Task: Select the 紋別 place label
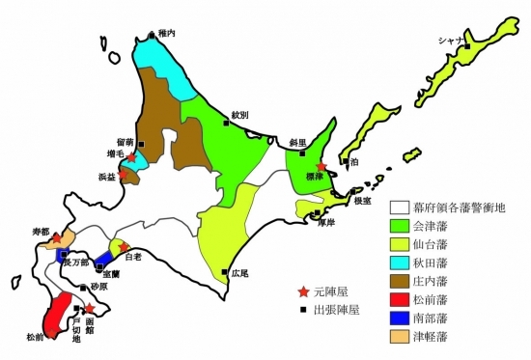pyautogui.click(x=239, y=115)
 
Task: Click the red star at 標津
pyautogui.click(x=321, y=167)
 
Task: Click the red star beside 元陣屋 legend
pyautogui.click(x=304, y=291)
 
